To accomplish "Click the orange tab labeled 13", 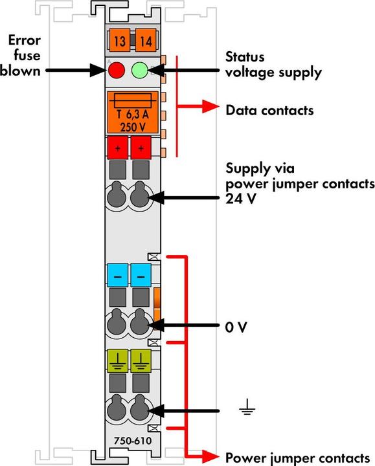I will tap(119, 43).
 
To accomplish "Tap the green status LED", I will tap(141, 71).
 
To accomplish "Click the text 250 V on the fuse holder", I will tap(132, 127).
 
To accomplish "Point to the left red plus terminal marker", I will tap(118, 148).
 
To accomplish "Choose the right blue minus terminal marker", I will tap(140, 276).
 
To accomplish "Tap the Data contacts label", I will tap(269, 111).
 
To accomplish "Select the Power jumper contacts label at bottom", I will tap(297, 456).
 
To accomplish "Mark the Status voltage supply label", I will tap(273, 65).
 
